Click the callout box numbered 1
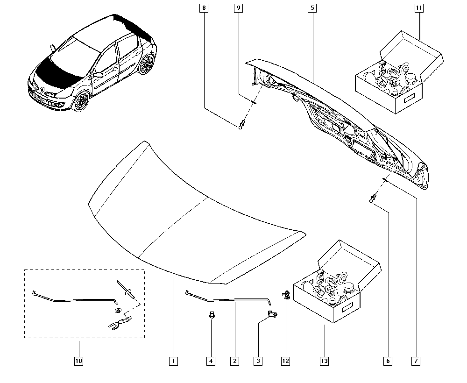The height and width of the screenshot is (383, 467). (173, 361)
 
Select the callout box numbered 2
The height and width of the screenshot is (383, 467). (234, 361)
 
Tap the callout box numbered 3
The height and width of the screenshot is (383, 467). (258, 361)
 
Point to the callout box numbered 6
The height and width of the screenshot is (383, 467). (388, 361)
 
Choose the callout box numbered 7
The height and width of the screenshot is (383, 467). (416, 361)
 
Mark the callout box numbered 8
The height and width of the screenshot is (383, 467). (204, 8)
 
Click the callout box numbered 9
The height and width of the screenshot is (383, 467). (238, 8)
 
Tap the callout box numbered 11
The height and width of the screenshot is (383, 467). (419, 8)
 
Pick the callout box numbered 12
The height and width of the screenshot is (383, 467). (285, 361)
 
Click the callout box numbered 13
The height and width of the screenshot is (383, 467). (324, 361)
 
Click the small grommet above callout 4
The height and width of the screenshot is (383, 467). (211, 315)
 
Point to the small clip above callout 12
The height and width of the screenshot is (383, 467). (285, 294)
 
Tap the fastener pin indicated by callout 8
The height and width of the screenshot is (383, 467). (241, 124)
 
